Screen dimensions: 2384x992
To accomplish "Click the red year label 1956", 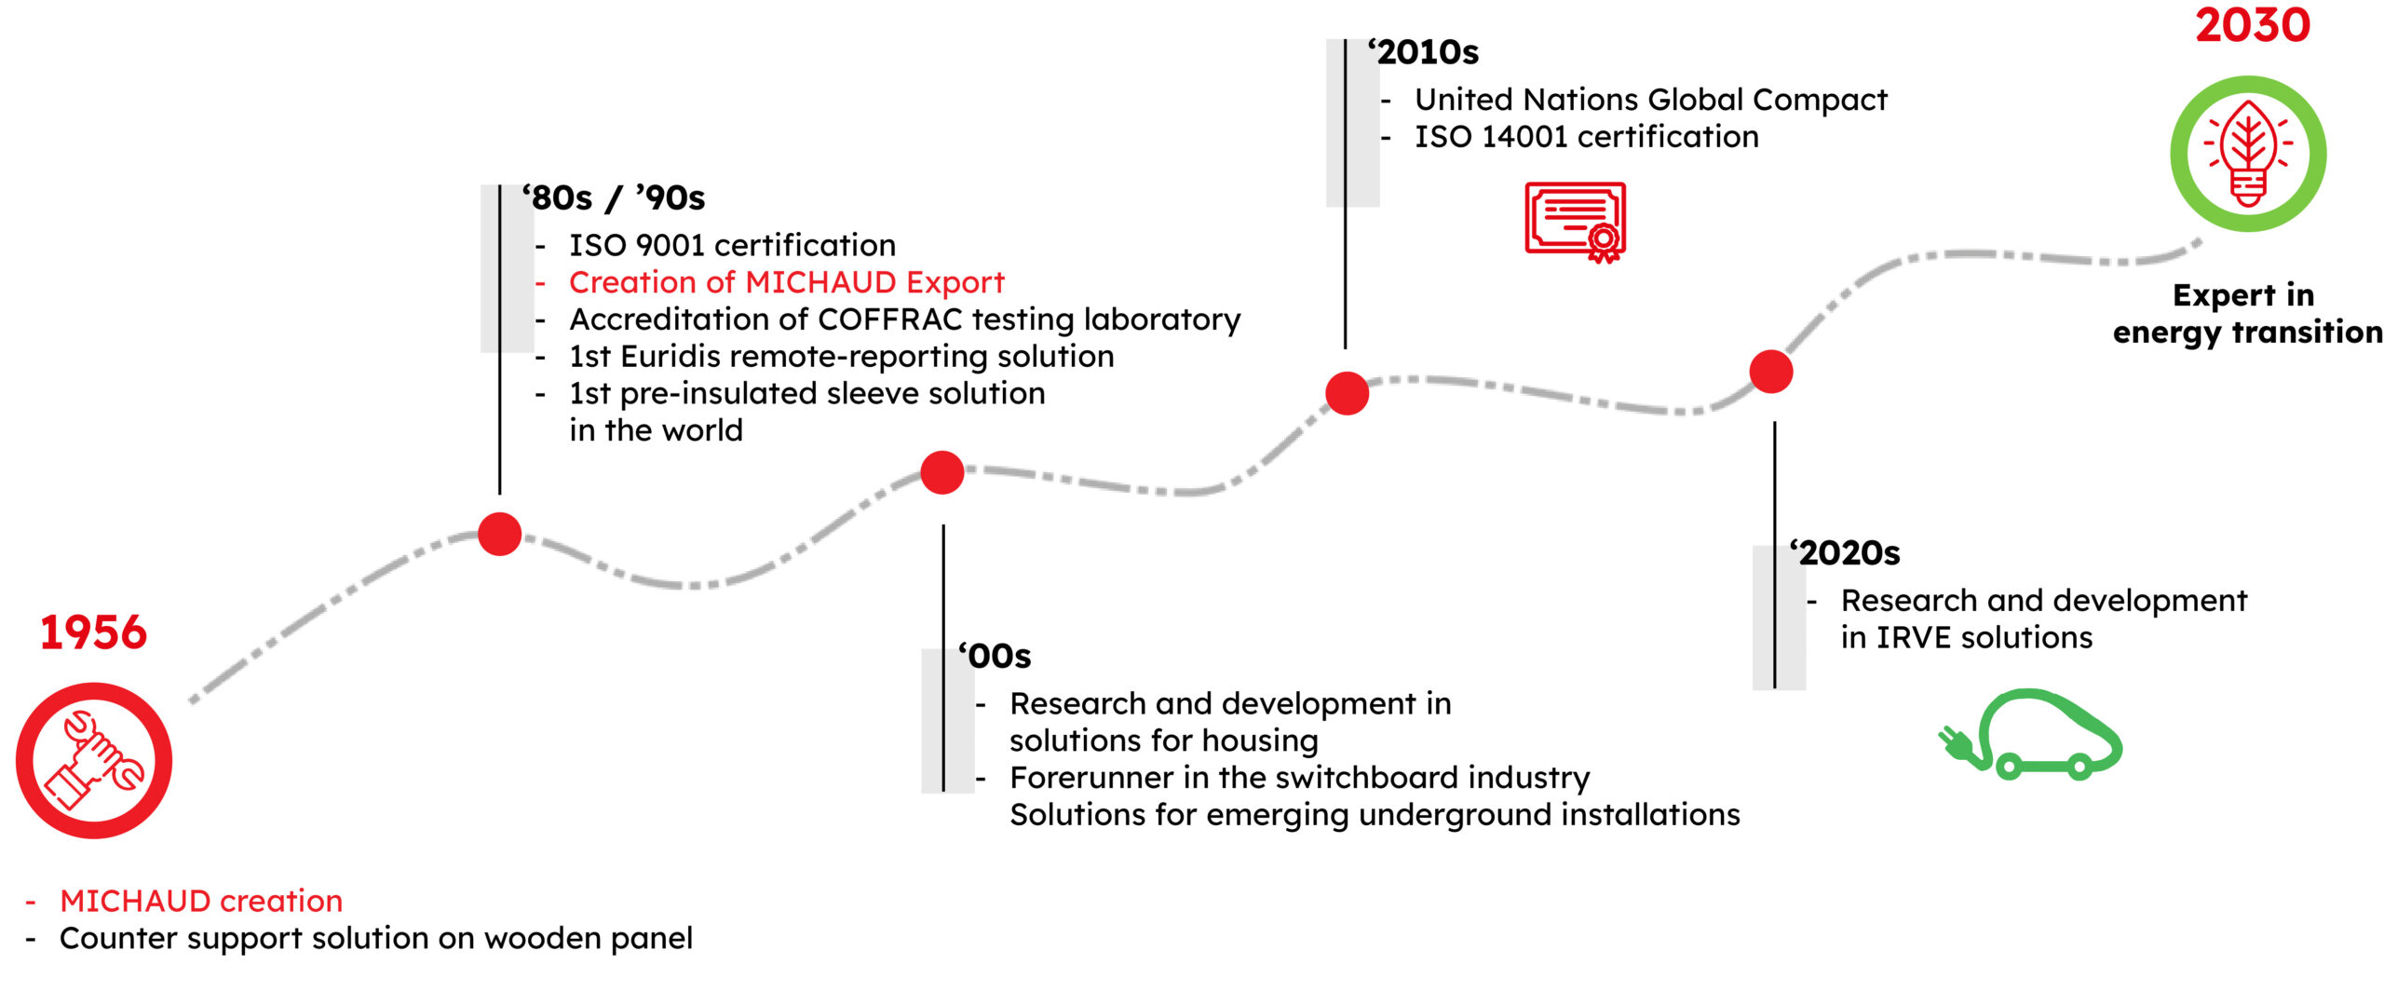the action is pos(93,632).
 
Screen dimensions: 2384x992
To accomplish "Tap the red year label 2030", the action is pos(2253,25).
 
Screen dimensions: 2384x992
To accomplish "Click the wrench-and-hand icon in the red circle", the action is pos(94,760).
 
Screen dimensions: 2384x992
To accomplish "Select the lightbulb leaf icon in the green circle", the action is pos(2248,154).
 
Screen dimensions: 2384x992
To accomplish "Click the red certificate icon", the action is pos(1576,222).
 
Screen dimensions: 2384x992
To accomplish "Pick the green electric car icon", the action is pos(2031,734).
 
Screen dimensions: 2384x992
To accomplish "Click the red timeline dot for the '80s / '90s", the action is pos(500,534).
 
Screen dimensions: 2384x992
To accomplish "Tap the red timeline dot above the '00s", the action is pos(942,472).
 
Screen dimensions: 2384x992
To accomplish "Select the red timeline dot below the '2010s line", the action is pos(1348,392).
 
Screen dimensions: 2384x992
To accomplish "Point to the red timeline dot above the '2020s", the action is pos(1771,372).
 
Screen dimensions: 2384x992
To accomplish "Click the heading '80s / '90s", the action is pos(614,198).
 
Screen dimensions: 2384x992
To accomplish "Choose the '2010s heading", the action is pos(1423,52).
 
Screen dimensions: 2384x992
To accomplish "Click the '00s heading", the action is pos(995,656).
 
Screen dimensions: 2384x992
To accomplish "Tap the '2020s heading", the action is pos(1845,553).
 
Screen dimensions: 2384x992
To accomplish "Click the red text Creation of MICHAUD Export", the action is pos(787,282).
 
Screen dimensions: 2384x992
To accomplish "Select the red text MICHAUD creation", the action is pos(201,901).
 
